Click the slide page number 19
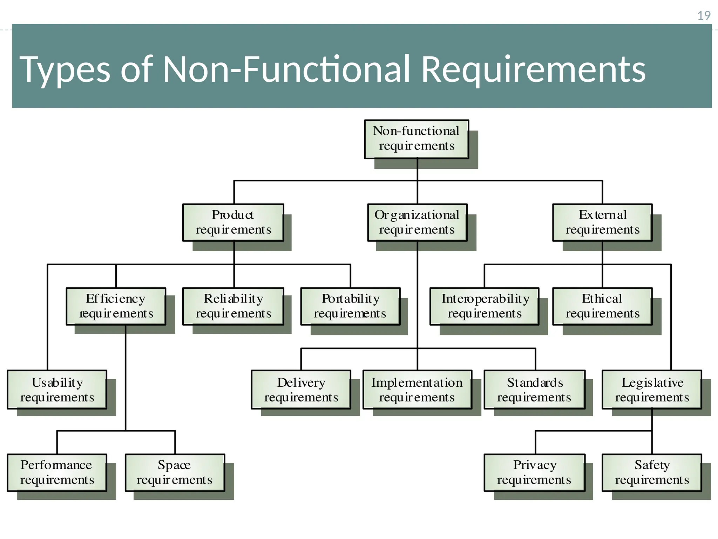(704, 16)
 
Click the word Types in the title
(65, 70)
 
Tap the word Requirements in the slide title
(533, 70)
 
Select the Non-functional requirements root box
(416, 139)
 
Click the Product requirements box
(233, 222)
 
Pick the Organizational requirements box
(417, 222)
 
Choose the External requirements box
(602, 222)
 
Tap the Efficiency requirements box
(116, 306)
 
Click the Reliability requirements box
(233, 306)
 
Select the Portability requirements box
(350, 306)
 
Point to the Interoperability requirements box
(485, 306)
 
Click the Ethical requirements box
(602, 306)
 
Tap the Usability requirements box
(57, 390)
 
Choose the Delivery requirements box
(301, 390)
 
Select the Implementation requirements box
(417, 390)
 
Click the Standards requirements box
(535, 390)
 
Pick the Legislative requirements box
(652, 390)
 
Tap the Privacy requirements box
(535, 473)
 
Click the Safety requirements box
(652, 473)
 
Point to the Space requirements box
(175, 473)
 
